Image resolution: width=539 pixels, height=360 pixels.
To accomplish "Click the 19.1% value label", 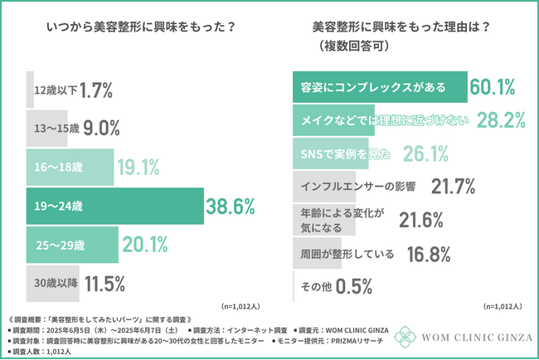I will pos(138,167).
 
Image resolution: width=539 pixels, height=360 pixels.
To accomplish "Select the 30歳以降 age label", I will pos(56,283).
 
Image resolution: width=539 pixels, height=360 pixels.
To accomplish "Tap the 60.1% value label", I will pos(493,86).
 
